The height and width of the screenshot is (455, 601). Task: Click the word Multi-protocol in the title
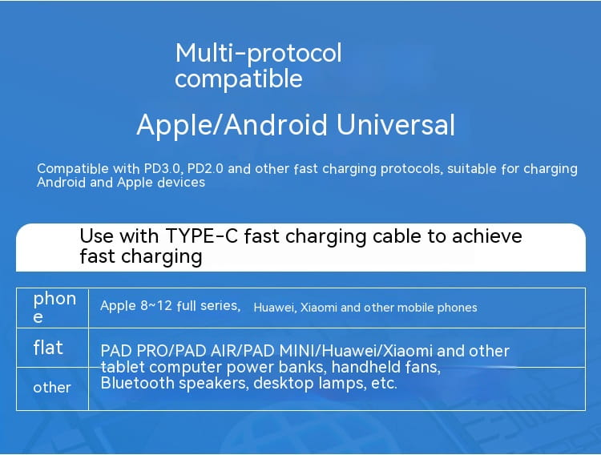tap(258, 53)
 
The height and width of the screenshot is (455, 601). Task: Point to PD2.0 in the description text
tap(209, 169)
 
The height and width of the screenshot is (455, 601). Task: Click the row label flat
tap(48, 348)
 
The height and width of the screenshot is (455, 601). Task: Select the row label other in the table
tap(52, 388)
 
